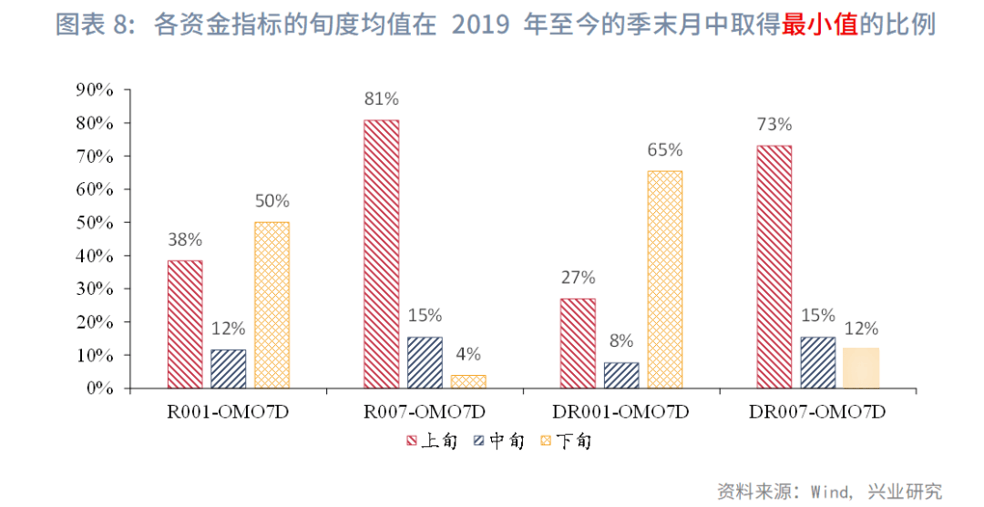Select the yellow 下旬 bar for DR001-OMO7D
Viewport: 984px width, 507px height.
[665, 279]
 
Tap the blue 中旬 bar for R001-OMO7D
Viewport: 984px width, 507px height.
[228, 369]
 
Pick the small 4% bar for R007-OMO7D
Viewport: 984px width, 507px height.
[468, 381]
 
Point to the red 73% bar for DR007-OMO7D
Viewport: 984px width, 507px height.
[774, 267]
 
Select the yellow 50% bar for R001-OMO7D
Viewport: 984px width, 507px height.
[272, 305]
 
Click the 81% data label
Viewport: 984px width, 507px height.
[381, 98]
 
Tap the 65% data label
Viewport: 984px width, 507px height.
[665, 150]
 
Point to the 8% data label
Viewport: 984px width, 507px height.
[621, 341]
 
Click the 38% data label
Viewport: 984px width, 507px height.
[185, 240]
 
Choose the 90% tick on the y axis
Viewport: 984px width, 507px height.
[95, 89]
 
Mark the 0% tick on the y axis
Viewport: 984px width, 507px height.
[99, 389]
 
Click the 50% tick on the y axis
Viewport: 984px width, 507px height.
[95, 223]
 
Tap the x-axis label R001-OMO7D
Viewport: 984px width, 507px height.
[228, 411]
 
